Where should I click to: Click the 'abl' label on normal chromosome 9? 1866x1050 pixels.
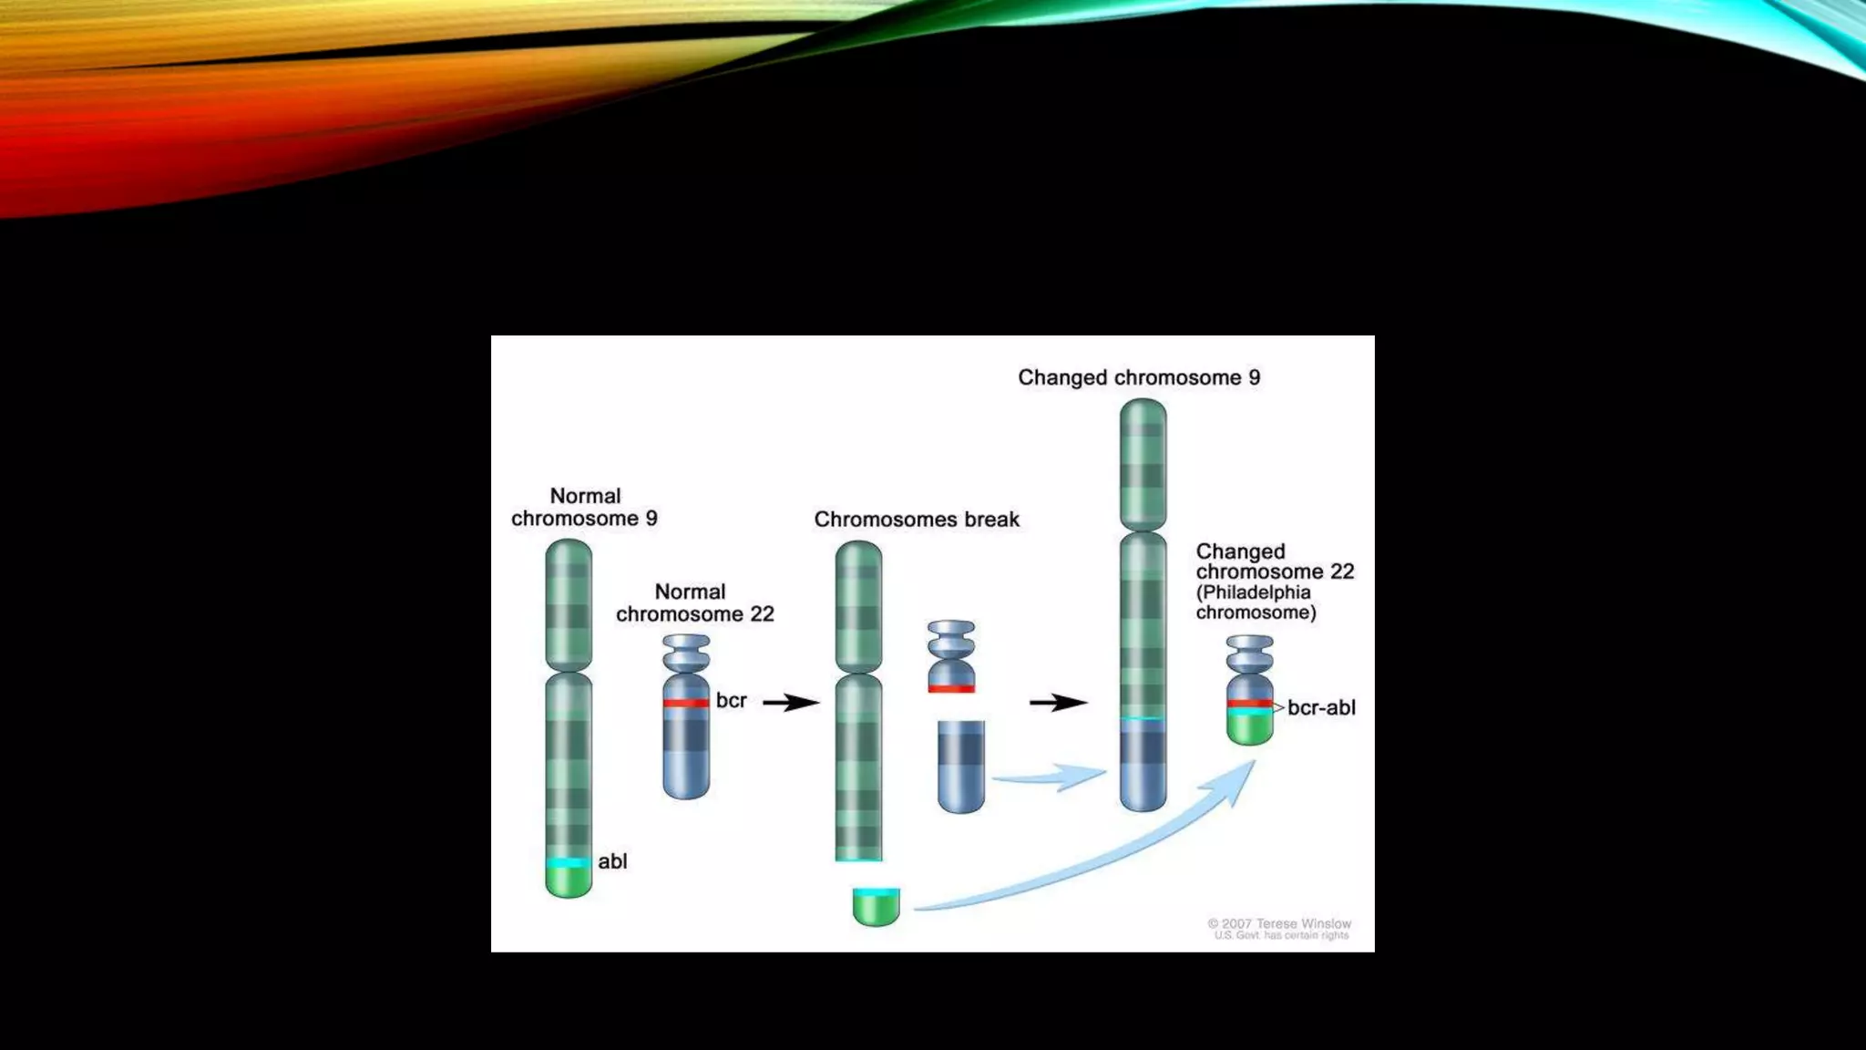tap(612, 861)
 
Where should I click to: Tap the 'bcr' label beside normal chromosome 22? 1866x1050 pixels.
tap(731, 701)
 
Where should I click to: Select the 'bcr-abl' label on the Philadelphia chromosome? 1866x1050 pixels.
tap(1320, 708)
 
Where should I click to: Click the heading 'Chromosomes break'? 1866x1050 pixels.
tap(917, 520)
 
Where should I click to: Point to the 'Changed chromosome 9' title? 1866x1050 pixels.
tap(1139, 378)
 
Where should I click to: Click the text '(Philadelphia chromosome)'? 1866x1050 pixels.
tap(1256, 602)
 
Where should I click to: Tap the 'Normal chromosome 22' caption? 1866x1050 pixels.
tap(694, 603)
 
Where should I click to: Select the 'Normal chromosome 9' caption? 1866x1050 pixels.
tap(584, 508)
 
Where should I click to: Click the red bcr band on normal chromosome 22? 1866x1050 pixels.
tap(686, 703)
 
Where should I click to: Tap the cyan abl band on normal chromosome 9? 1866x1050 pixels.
tap(569, 862)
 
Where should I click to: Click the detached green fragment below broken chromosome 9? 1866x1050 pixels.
tap(877, 908)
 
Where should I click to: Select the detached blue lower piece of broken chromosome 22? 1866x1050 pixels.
tap(961, 766)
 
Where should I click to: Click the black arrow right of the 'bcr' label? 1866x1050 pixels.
tap(790, 703)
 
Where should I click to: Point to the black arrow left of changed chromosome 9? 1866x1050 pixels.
tap(1057, 703)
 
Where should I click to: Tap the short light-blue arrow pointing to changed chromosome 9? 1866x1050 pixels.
tap(1048, 777)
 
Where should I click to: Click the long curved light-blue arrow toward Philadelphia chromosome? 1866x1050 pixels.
tap(1093, 866)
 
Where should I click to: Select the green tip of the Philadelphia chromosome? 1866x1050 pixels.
tap(1250, 728)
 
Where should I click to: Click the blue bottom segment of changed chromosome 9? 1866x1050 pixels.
tap(1143, 766)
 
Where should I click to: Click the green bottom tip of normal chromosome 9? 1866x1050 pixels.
tap(569, 881)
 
